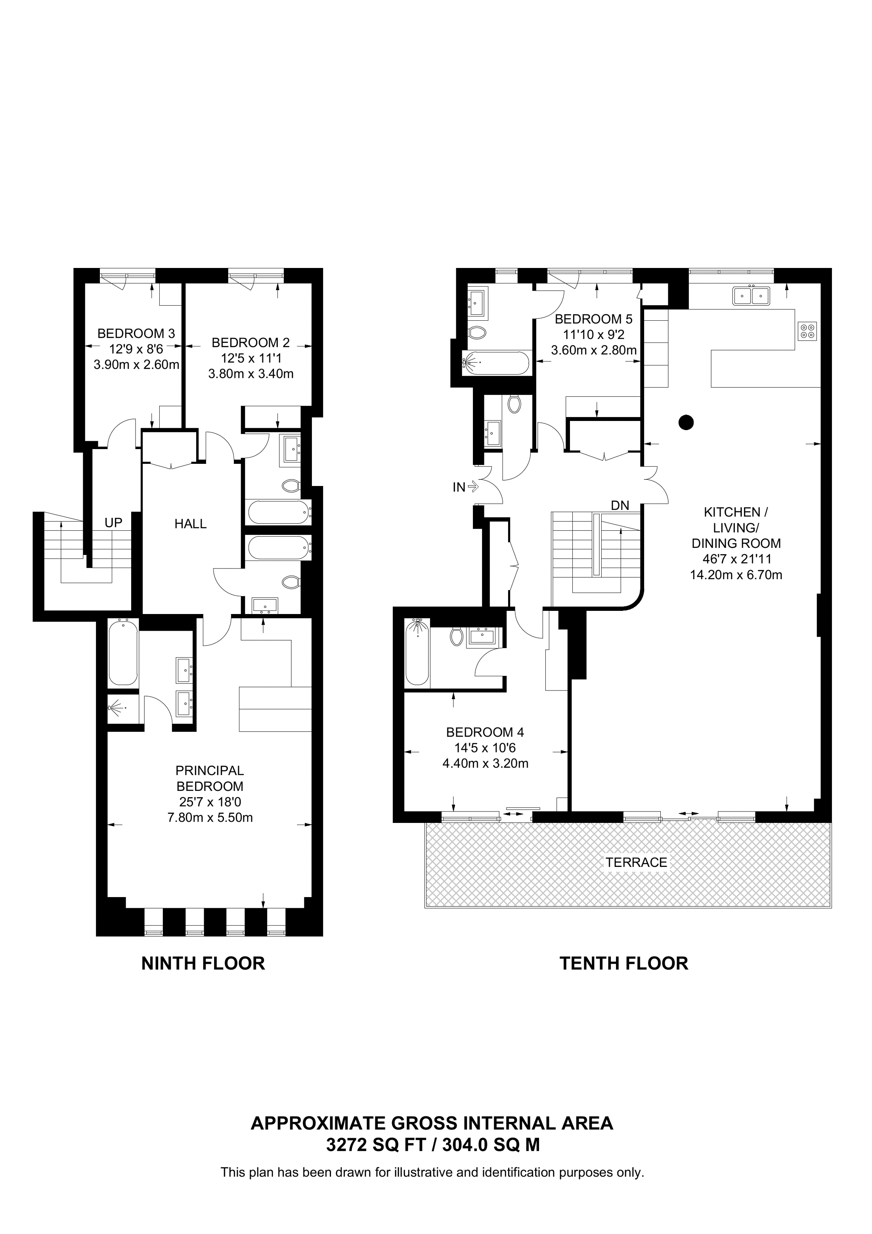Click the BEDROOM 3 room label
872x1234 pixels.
[x=136, y=333]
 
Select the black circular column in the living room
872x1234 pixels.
[x=686, y=423]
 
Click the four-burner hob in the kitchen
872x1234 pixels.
[x=807, y=331]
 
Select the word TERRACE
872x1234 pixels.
[x=636, y=862]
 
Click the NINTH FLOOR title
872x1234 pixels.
[x=203, y=963]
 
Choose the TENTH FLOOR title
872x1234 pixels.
[x=624, y=963]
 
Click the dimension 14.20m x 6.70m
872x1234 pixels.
[x=736, y=574]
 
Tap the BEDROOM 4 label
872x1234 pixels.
[x=485, y=732]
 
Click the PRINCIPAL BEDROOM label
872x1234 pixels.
[x=210, y=778]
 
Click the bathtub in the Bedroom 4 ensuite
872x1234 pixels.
[x=417, y=652]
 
